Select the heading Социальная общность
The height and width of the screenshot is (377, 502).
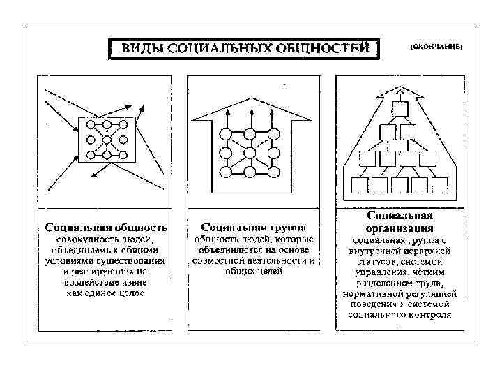106,228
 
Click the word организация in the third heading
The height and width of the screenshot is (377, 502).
400,228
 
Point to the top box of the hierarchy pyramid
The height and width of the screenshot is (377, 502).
400,109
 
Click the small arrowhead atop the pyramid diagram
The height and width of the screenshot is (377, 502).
400,91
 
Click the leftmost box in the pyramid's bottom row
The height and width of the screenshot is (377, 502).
359,185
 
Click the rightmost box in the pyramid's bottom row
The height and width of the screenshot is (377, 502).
440,185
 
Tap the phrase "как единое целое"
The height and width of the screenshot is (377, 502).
106,293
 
